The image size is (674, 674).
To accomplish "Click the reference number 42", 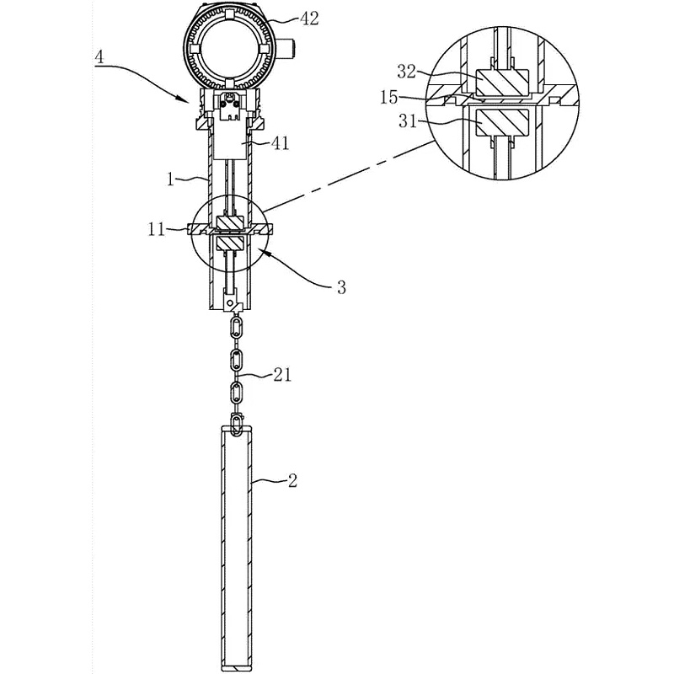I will pos(309,17).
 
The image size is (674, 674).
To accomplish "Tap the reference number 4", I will pos(99,58).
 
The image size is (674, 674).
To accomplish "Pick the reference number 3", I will pos(340,287).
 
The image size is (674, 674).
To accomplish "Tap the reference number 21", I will pos(282,375).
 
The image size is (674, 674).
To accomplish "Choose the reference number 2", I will pos(292,481).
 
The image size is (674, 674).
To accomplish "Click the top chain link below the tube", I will pos(237,325).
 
